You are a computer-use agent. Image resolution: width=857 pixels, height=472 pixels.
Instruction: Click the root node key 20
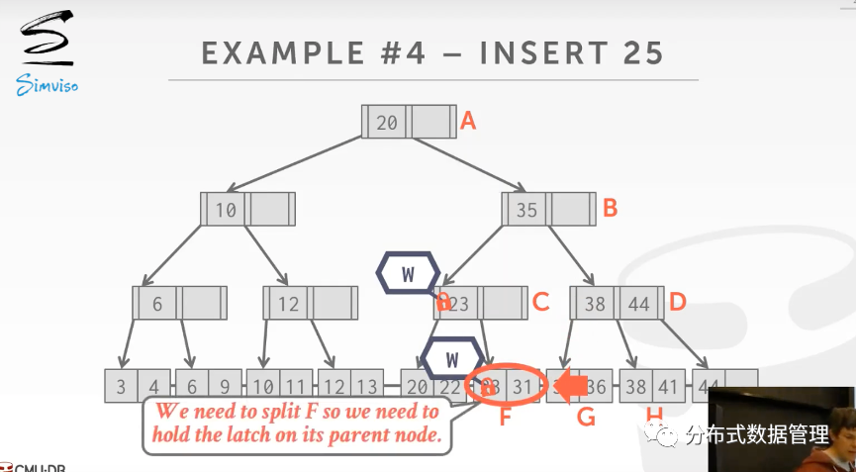[x=387, y=123]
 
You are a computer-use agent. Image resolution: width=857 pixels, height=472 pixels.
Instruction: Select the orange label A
[x=468, y=122]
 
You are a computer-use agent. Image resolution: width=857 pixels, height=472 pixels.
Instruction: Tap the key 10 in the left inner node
[x=226, y=210]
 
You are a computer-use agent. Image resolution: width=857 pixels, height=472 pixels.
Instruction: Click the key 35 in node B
[x=526, y=210]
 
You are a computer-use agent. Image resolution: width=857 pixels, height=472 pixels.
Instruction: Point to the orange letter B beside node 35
[x=611, y=208]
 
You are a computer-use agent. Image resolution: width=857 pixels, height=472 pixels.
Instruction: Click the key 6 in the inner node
[x=157, y=304]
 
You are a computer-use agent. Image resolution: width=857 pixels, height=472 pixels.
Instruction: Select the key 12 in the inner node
[x=288, y=304]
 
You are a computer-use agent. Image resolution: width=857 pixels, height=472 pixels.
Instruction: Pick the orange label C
[x=540, y=302]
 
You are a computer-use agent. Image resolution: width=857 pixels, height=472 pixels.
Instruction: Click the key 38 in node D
[x=594, y=304]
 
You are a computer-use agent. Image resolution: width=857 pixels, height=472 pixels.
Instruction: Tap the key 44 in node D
[x=639, y=304]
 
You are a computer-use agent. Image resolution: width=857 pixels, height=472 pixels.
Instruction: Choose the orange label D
[x=677, y=302]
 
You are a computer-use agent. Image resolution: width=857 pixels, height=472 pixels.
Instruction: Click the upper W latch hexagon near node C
[x=407, y=274]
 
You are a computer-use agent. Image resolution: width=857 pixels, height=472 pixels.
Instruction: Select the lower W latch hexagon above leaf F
[x=452, y=358]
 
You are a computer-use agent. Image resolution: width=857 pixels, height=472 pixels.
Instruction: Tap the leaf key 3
[x=122, y=387]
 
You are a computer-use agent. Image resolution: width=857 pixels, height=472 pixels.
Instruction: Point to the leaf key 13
[x=366, y=387]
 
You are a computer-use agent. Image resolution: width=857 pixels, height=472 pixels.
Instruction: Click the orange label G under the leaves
[x=586, y=417]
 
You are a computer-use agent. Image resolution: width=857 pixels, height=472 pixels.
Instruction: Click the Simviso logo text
[x=47, y=86]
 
